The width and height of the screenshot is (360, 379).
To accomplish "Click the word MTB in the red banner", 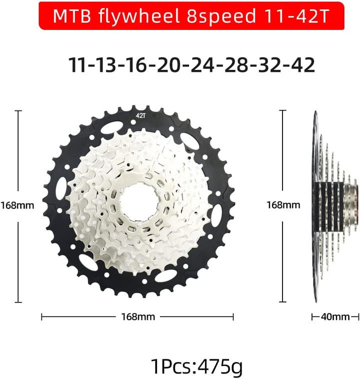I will click(x=72, y=16).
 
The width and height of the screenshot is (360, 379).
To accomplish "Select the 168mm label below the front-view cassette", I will click(x=137, y=316).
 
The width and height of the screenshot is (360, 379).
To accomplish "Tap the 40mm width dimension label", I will click(x=335, y=316).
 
